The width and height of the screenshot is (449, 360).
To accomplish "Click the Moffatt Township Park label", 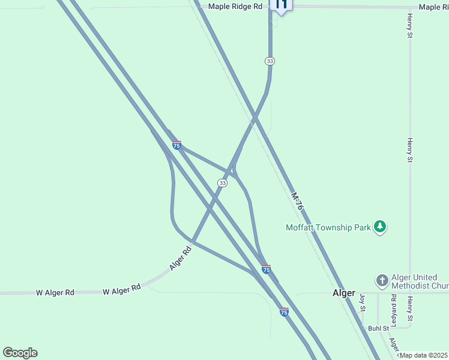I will [x=328, y=227].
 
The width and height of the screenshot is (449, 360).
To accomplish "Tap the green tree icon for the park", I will [x=379, y=227].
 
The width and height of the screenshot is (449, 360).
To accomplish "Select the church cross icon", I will [x=382, y=280].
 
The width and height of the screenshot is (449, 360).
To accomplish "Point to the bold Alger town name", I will [x=345, y=294].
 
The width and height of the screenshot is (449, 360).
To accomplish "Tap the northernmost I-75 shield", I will [x=176, y=145].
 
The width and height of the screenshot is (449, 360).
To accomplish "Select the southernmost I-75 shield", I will [x=284, y=312].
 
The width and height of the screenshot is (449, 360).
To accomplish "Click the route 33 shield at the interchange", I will [x=222, y=182].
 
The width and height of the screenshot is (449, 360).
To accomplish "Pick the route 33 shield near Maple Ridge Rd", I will [x=270, y=61].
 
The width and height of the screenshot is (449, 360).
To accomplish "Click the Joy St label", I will [x=362, y=303].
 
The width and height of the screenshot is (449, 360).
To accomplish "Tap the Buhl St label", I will [x=378, y=329].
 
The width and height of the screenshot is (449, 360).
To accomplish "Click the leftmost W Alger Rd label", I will [x=55, y=293].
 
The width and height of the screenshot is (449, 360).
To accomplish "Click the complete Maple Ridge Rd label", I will [x=235, y=6].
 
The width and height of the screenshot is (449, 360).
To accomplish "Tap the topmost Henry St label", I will [x=409, y=26].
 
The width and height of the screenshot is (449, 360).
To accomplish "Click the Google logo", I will [x=20, y=353].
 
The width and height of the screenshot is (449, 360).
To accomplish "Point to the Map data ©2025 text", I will [x=424, y=355].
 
